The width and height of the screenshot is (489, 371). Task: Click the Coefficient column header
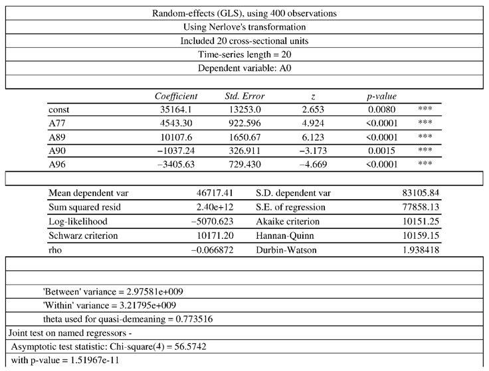click(x=176, y=96)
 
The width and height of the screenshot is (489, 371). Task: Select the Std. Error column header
click(x=245, y=96)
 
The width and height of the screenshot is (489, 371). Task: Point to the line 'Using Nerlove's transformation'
click(x=244, y=27)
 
